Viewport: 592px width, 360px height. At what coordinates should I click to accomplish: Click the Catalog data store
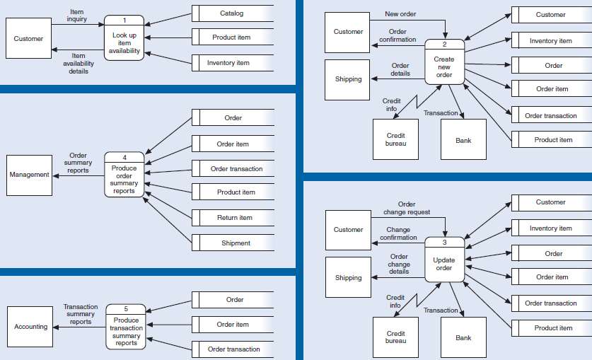point(231,13)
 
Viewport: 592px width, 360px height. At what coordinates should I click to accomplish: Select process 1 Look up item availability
point(124,38)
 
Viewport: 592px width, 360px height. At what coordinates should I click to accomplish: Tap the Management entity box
point(29,175)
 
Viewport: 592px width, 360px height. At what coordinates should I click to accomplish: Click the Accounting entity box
point(30,327)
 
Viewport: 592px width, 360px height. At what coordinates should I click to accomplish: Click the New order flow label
point(400,14)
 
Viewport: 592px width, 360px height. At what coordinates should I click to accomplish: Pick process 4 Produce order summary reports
point(124,175)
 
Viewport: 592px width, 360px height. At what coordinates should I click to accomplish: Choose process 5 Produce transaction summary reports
point(126,327)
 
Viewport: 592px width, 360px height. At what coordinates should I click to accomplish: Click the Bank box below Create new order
point(463,140)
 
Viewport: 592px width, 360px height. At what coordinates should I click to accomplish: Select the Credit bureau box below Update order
point(395,337)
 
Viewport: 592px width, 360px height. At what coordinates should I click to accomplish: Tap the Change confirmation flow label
point(398,233)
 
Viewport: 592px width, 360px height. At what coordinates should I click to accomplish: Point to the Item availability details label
point(79,64)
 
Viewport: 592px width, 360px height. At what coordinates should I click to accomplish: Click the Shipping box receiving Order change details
point(348,278)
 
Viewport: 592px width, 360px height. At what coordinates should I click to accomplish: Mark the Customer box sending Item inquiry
point(28,39)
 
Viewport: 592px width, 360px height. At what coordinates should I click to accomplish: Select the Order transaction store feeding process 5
point(233,349)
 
